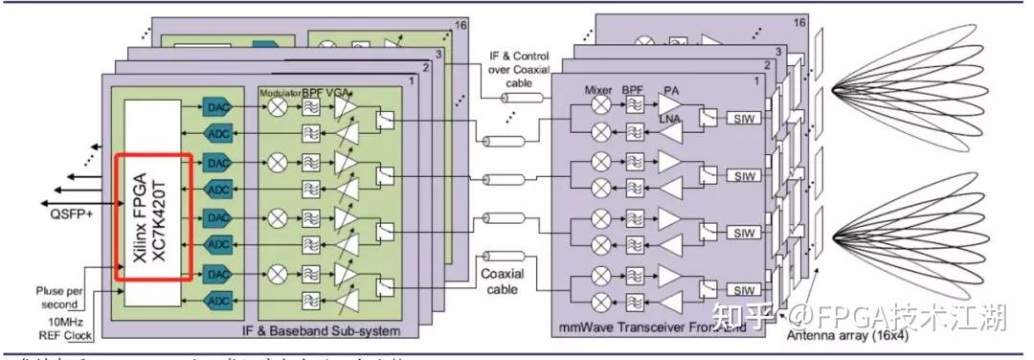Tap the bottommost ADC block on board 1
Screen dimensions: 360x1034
pos(215,303)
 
